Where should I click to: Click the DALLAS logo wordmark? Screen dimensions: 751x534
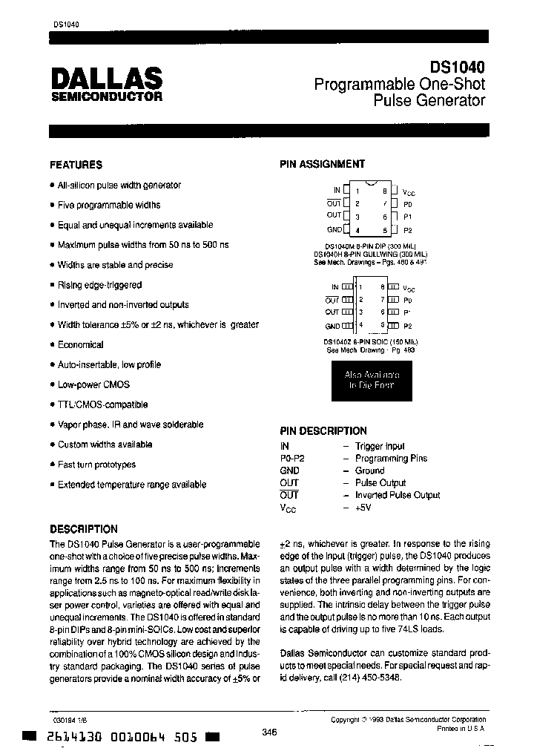[107, 79]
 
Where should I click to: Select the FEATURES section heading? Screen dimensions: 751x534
[76, 165]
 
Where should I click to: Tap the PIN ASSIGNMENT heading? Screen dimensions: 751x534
[322, 164]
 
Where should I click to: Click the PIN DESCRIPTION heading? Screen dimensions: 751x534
[323, 430]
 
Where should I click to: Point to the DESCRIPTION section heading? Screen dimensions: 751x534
[83, 529]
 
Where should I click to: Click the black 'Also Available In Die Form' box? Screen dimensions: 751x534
[370, 380]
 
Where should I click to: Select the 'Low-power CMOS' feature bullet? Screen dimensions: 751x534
[93, 384]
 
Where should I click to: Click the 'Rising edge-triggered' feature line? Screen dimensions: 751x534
[99, 285]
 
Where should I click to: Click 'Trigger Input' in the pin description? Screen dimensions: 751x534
[380, 446]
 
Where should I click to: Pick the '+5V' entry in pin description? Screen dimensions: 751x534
[363, 508]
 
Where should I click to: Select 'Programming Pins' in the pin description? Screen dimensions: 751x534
[391, 459]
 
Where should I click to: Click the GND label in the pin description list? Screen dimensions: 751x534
[289, 470]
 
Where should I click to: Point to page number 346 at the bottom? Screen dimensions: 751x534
[269, 732]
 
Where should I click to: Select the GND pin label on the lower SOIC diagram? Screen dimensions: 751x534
[332, 326]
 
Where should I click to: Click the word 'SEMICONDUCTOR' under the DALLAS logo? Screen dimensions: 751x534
[107, 96]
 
